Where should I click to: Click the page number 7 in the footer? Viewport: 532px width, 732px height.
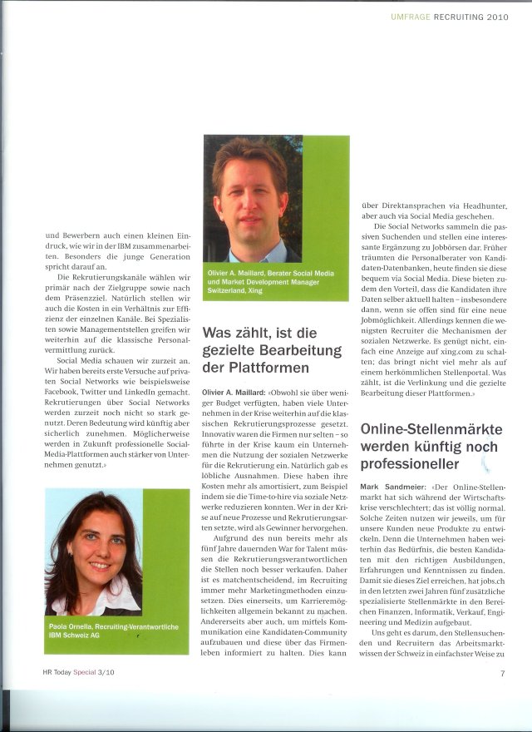503,674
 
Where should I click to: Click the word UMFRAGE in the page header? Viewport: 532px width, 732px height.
411,16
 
